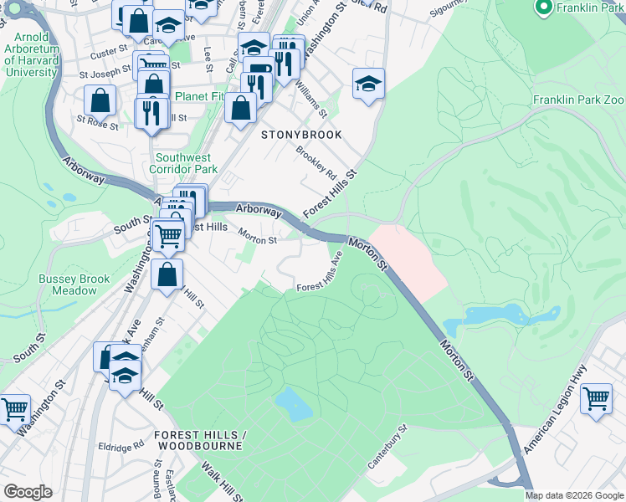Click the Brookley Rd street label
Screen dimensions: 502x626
(316, 165)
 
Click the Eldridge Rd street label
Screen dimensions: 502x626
(121, 446)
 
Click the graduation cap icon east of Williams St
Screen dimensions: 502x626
(368, 84)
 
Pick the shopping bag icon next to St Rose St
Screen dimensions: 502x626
(100, 100)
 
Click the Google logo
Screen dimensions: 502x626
(28, 492)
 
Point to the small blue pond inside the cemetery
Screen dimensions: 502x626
(294, 403)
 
